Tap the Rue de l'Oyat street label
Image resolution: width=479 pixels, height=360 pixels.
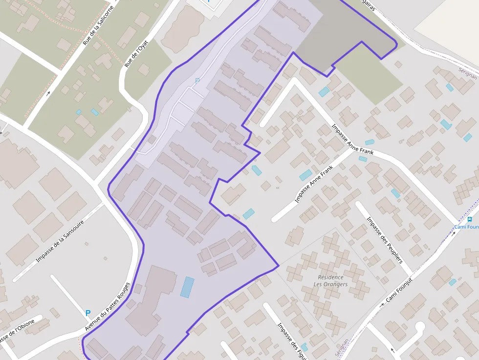[135, 54]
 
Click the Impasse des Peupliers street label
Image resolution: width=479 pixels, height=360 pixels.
[384, 239]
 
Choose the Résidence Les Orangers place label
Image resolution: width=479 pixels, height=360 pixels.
[330, 280]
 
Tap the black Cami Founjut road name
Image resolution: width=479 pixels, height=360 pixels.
[399, 290]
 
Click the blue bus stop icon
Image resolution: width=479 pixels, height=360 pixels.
[469, 219]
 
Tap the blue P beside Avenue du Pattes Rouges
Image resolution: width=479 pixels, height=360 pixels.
[88, 313]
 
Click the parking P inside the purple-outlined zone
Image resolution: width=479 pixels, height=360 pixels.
[197, 81]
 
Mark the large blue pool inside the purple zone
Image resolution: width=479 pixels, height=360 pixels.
[187, 287]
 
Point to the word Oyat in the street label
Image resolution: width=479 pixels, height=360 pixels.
[141, 48]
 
